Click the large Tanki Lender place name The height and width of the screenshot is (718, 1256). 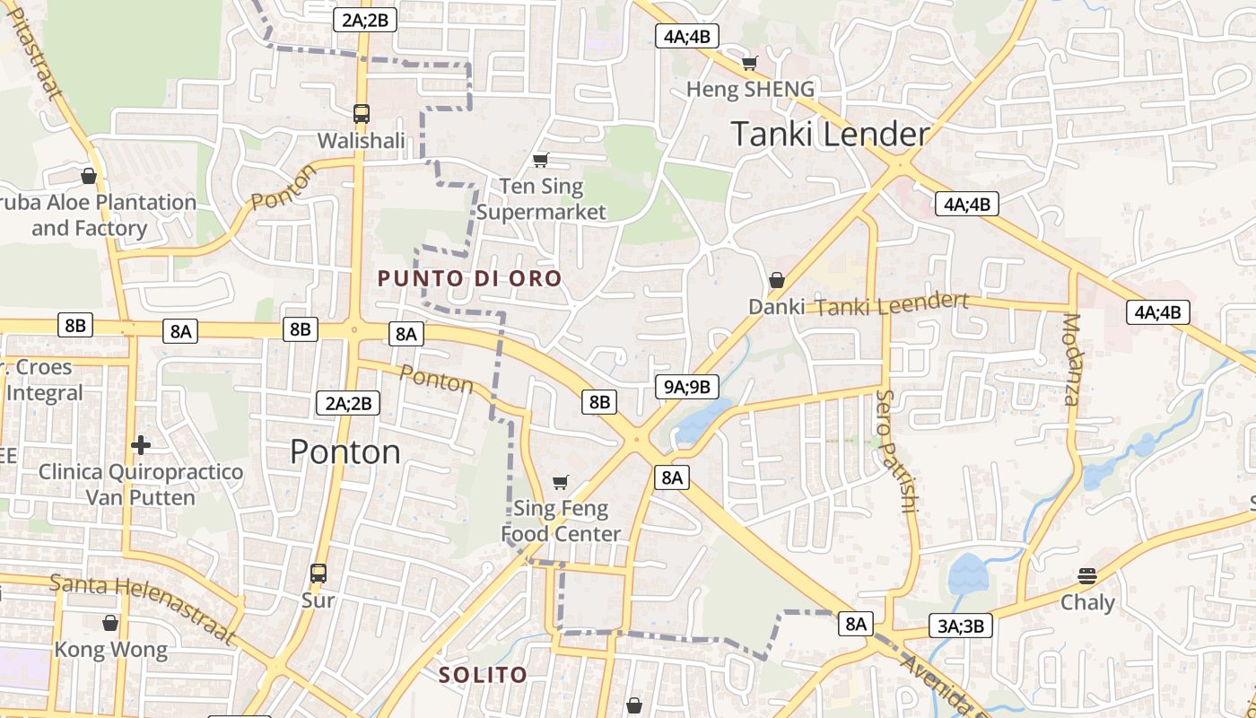tap(830, 135)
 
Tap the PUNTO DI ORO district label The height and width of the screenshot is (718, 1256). tap(469, 278)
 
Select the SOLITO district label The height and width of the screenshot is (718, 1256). tap(483, 675)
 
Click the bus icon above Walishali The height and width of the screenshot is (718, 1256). tap(362, 114)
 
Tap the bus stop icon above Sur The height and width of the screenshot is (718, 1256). tap(318, 573)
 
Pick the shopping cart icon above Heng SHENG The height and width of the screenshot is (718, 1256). tap(749, 63)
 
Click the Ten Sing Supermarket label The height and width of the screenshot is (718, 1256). tap(541, 199)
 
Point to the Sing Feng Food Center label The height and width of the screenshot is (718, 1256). tap(561, 521)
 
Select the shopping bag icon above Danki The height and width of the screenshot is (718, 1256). tap(777, 280)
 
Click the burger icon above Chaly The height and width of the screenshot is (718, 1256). tap(1087, 575)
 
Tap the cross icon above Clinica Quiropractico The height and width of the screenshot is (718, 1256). tap(141, 444)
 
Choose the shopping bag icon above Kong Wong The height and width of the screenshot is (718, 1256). tap(110, 622)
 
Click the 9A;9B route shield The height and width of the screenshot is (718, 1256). tap(687, 387)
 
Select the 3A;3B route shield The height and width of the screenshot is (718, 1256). tap(961, 626)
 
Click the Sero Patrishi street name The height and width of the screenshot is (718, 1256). tap(896, 451)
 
